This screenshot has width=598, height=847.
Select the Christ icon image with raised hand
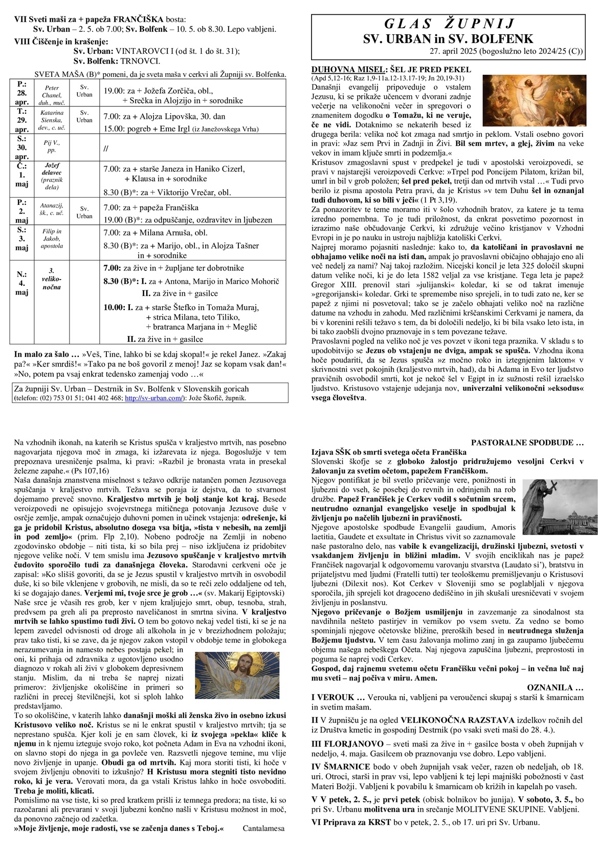coord(230,674)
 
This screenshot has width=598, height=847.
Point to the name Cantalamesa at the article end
coord(263,828)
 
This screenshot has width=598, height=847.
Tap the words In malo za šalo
coord(47,354)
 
